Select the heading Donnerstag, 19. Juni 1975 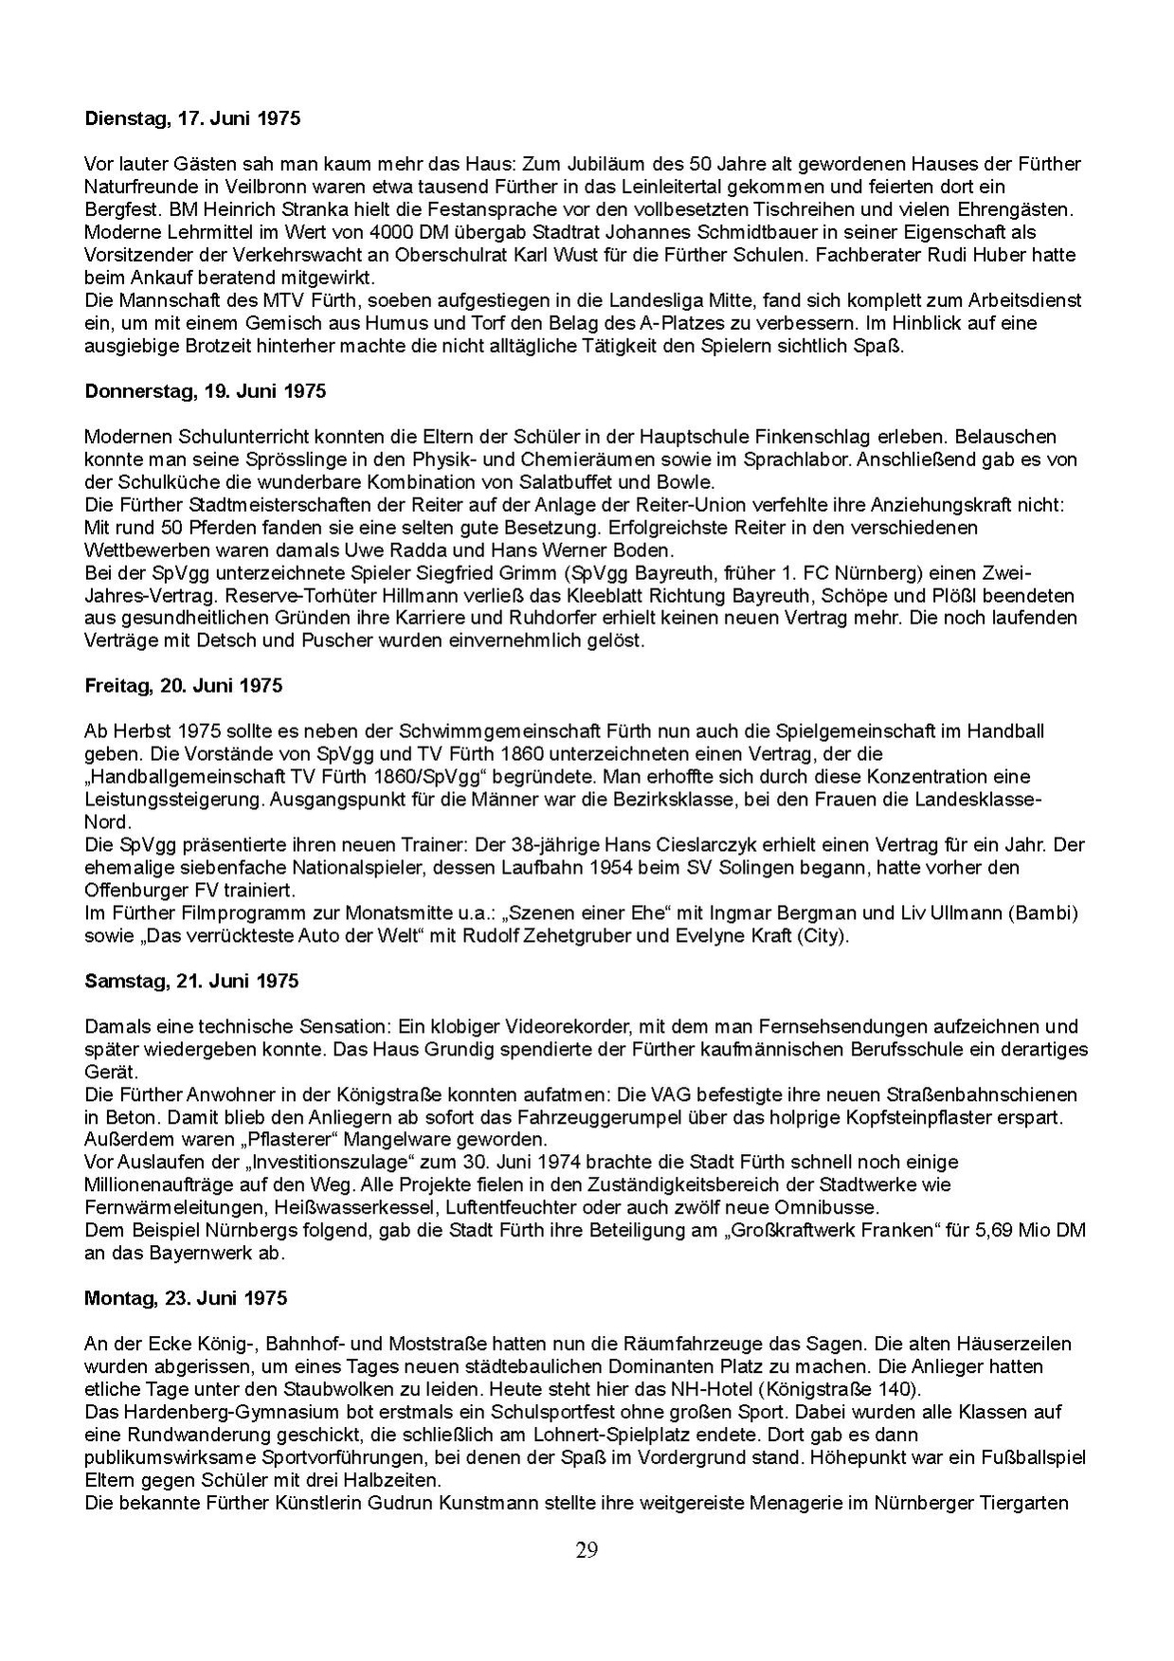(206, 391)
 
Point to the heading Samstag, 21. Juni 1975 (191, 981)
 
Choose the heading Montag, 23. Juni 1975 (186, 1298)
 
